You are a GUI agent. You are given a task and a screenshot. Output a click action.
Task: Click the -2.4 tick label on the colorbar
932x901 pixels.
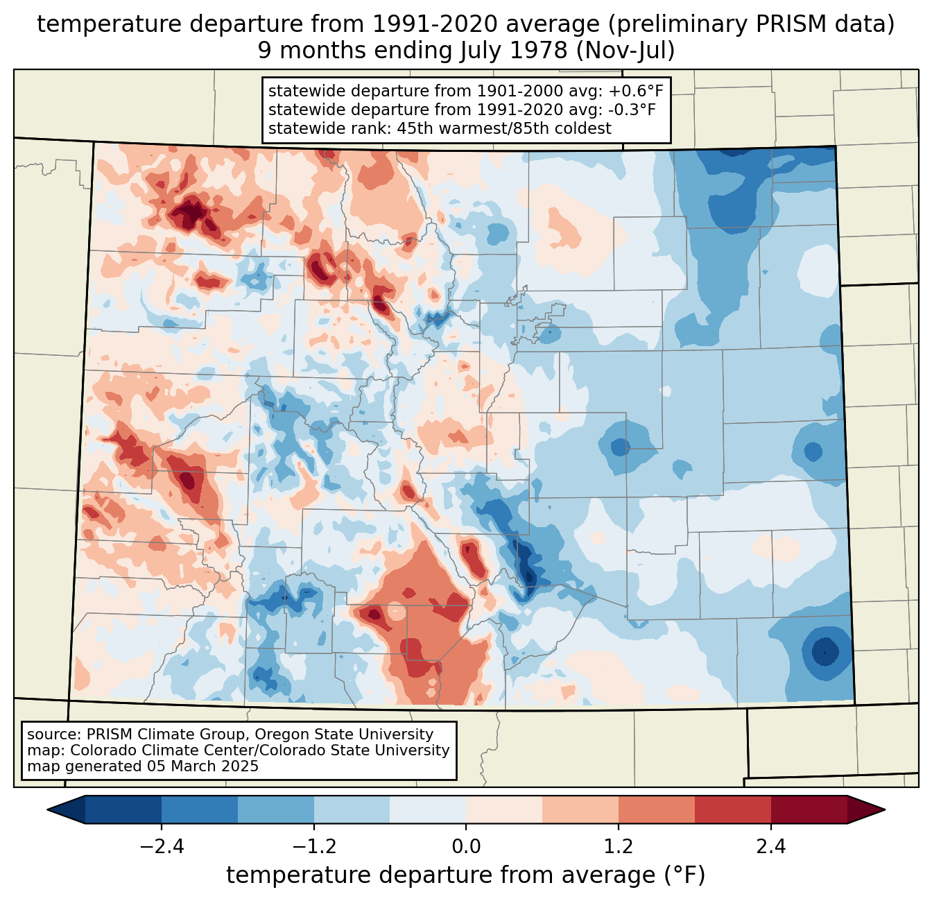[162, 847]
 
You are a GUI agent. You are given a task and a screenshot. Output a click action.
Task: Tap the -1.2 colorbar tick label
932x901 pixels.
[313, 847]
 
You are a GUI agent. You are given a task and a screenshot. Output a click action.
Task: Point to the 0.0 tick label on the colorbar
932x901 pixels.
[466, 847]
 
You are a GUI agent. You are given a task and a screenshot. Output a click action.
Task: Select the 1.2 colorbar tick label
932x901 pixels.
[619, 847]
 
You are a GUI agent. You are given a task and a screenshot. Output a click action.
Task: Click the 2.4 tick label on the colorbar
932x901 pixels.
[770, 847]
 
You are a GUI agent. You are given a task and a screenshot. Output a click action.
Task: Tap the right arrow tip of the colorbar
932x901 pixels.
[883, 809]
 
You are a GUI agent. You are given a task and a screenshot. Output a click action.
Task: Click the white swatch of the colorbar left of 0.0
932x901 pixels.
[428, 809]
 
